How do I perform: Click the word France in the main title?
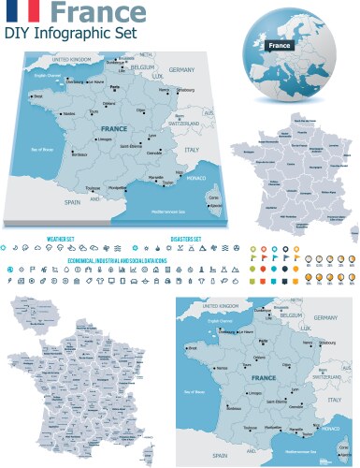pos(97,12)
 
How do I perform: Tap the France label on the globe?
pos(279,46)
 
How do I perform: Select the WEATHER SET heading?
pos(60,239)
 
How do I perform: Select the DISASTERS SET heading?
pos(186,239)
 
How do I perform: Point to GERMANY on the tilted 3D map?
pos(181,70)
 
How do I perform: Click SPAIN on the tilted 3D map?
pos(73,201)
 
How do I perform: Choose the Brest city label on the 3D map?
pos(37,95)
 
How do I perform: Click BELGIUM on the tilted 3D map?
pos(142,68)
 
